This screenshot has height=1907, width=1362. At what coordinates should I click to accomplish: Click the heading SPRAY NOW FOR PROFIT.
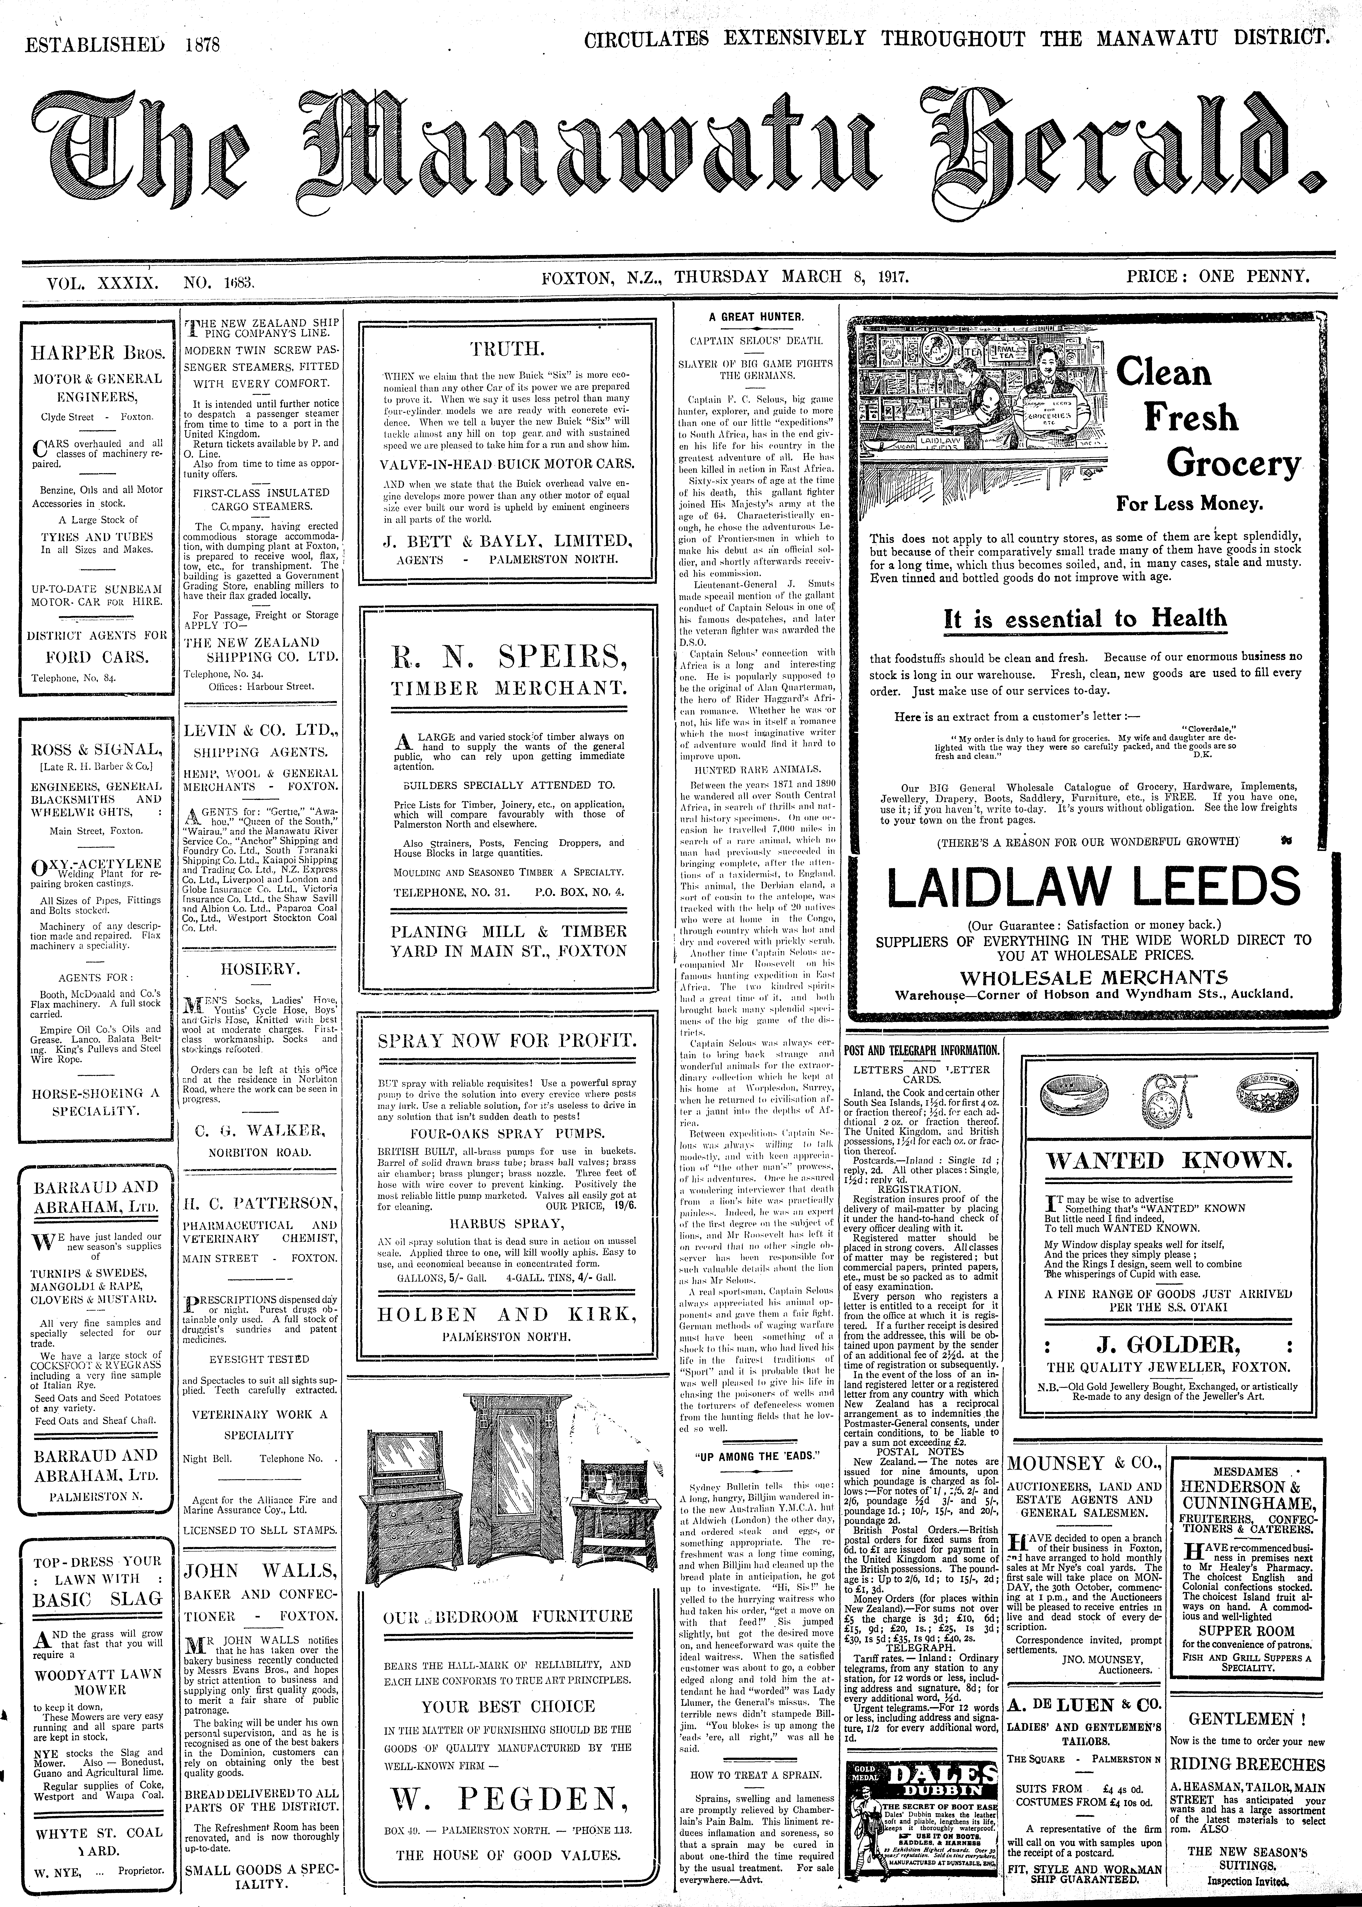506,1041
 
